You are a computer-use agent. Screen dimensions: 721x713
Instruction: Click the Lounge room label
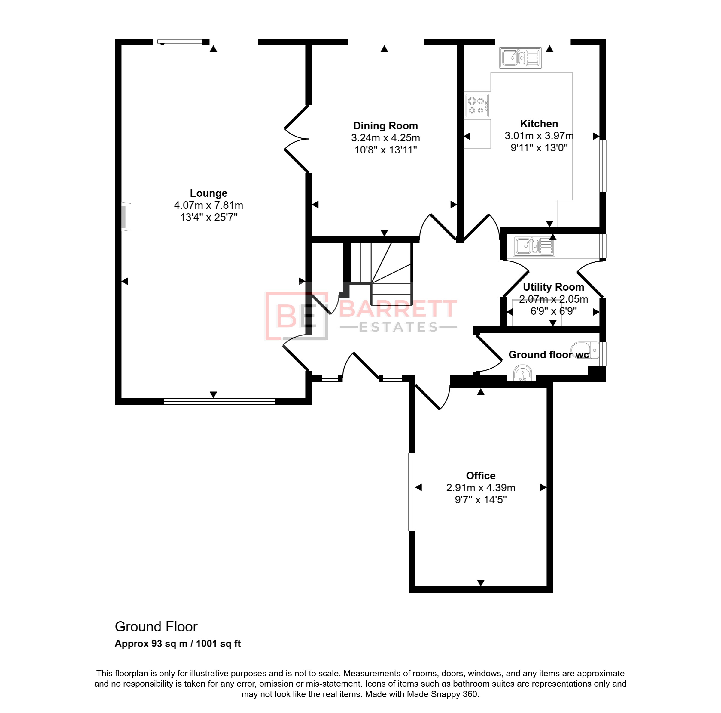[208, 193]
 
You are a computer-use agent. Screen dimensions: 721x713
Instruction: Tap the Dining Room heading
[385, 126]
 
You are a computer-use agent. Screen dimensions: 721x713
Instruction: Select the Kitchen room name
[539, 124]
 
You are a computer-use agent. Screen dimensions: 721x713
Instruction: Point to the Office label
[481, 476]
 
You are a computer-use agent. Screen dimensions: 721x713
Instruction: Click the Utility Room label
[553, 287]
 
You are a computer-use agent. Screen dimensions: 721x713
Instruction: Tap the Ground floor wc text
[549, 355]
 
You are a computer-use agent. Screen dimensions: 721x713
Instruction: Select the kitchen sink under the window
[520, 57]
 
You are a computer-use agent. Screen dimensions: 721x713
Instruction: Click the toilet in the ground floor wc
[585, 350]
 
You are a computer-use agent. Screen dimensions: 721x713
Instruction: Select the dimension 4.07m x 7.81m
[208, 205]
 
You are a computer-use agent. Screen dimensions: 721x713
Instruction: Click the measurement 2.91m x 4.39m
[481, 488]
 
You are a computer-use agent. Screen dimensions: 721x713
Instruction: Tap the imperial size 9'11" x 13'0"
[539, 148]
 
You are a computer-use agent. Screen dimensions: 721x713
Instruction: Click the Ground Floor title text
[156, 627]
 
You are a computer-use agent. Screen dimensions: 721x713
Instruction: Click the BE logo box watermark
[297, 316]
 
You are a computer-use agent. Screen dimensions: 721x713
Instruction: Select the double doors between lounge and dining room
[297, 139]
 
